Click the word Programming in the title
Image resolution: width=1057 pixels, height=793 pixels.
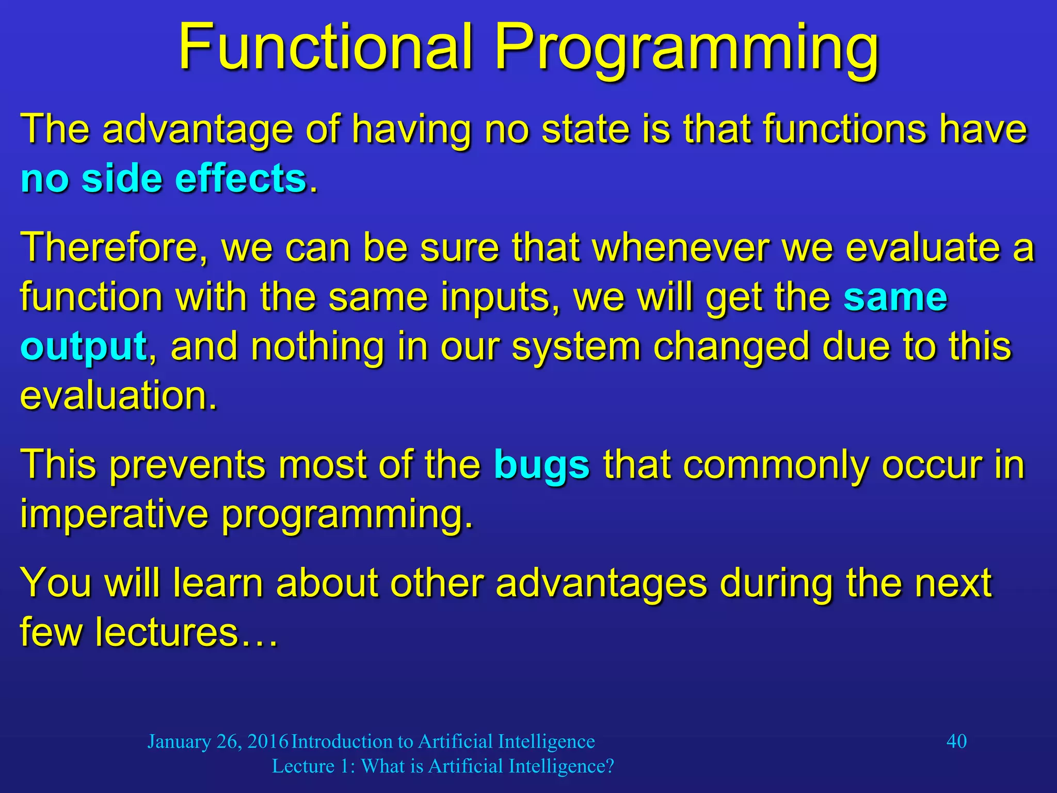(x=686, y=49)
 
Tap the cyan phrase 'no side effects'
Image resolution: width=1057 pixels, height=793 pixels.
(x=164, y=179)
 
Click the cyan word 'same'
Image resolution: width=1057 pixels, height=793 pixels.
(x=895, y=297)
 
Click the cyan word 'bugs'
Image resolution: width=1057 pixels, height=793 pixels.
(x=541, y=465)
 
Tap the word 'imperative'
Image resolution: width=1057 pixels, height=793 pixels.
(x=114, y=514)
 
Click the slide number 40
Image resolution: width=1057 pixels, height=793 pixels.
(x=956, y=741)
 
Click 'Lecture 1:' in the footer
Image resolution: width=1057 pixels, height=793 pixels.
(x=313, y=766)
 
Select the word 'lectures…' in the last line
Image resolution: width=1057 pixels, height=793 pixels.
(x=186, y=632)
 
